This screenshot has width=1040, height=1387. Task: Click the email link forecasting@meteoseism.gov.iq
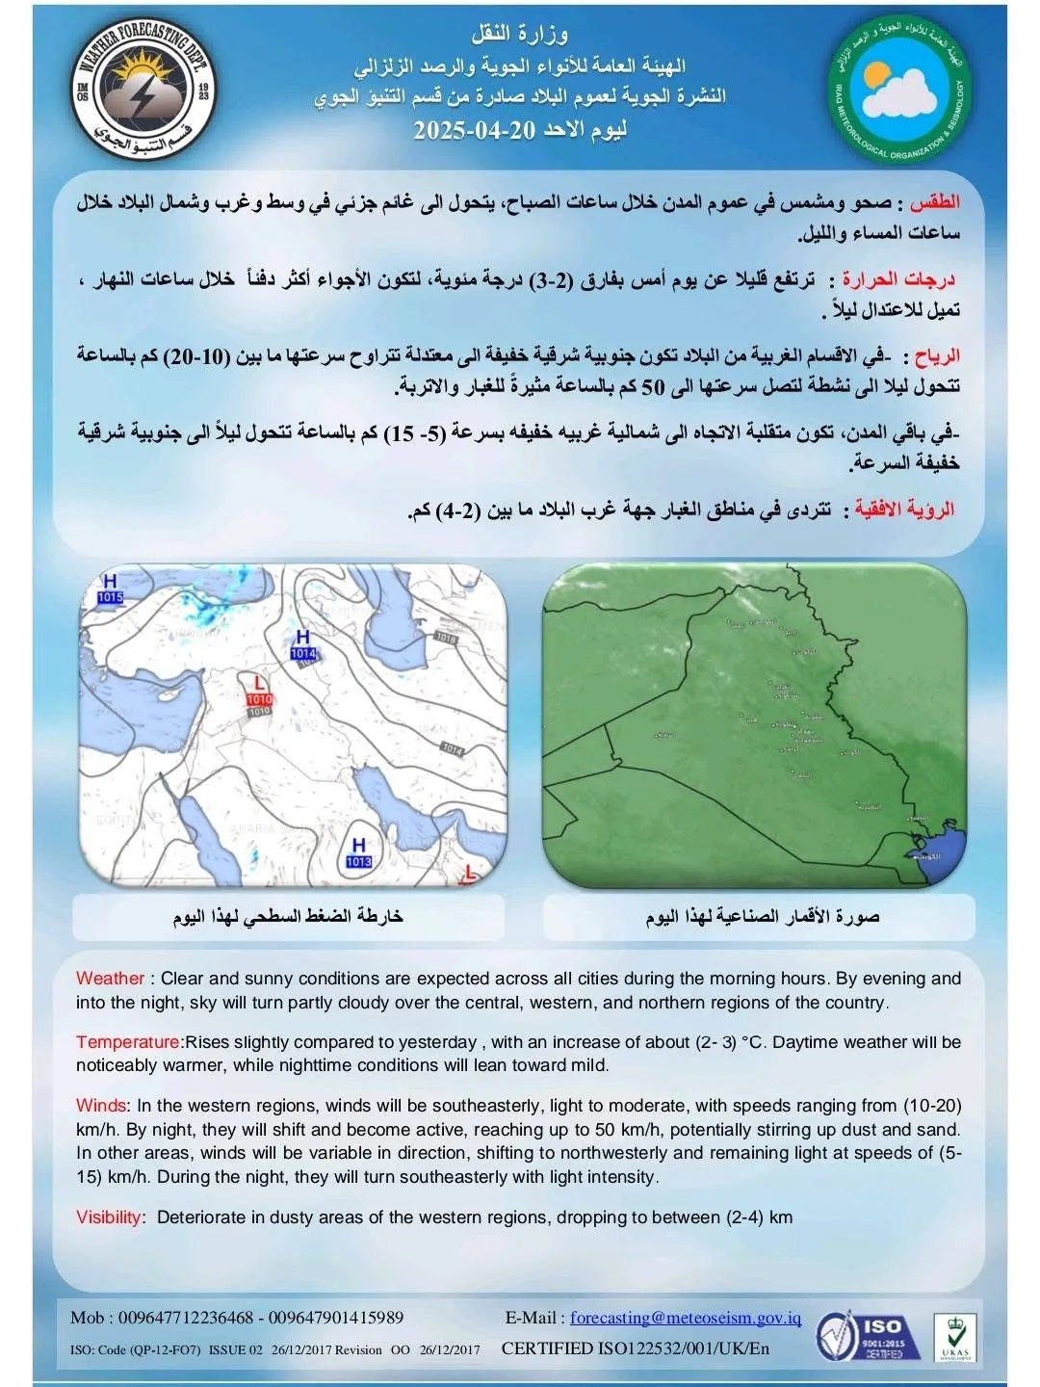point(685,1318)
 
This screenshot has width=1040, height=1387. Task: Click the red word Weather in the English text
point(110,979)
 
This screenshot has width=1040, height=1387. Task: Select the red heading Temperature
point(127,1042)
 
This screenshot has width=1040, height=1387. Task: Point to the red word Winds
point(100,1106)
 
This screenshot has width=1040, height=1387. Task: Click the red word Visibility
point(109,1217)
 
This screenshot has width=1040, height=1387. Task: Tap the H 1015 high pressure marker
point(110,589)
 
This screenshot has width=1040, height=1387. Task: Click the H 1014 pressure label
point(303,645)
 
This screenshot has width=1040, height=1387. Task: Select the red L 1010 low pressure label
point(259,692)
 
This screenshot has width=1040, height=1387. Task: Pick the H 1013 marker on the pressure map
point(358,853)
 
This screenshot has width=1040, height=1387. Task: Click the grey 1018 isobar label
point(446,638)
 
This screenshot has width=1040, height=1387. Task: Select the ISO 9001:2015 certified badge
point(860,1335)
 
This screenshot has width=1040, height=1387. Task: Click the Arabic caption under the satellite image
point(762,917)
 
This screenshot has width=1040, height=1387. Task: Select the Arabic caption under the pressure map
point(288,917)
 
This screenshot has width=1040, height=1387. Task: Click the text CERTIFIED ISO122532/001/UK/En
point(636,1348)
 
